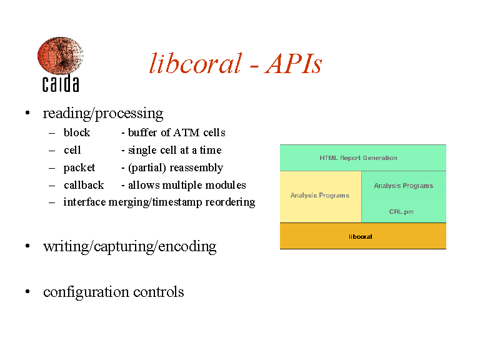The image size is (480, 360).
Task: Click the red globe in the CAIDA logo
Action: point(60,56)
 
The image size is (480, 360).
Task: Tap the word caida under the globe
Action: point(61,83)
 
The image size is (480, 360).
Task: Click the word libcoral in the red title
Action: point(195,63)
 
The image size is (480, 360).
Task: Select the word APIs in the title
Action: point(293,64)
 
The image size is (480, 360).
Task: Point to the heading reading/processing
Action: point(103,114)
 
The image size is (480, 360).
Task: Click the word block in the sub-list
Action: point(77,132)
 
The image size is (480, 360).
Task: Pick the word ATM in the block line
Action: point(186,132)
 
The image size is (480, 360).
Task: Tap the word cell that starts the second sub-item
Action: point(72,150)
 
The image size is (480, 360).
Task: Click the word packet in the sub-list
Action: point(79,167)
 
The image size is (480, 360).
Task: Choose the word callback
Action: point(84,185)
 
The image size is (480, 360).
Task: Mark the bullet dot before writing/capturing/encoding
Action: point(27,246)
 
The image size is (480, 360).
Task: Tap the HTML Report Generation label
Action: point(358,158)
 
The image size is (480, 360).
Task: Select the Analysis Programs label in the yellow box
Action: point(320,195)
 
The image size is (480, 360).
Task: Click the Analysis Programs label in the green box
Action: point(404,186)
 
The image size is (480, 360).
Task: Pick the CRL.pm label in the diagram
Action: point(401,211)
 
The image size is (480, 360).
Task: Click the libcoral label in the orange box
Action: point(360,237)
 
